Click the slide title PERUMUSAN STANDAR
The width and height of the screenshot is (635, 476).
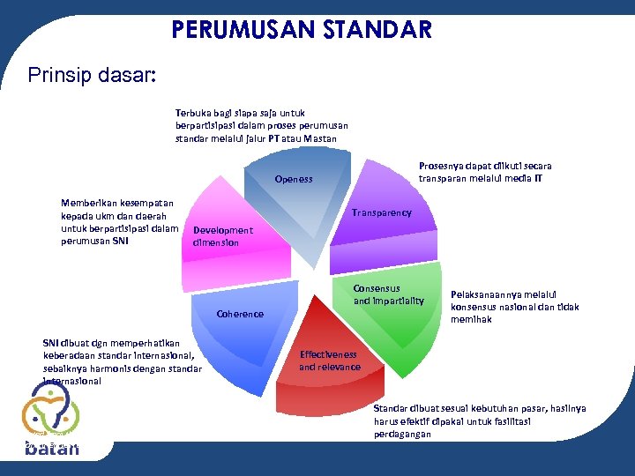(x=302, y=30)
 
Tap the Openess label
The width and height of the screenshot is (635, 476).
(x=293, y=179)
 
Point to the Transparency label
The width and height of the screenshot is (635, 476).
(x=381, y=212)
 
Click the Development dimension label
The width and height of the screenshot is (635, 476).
(x=222, y=236)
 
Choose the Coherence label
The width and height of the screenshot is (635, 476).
(x=239, y=314)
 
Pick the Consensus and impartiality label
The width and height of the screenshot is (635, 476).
(x=388, y=294)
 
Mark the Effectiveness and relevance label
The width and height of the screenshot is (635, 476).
(x=330, y=361)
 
